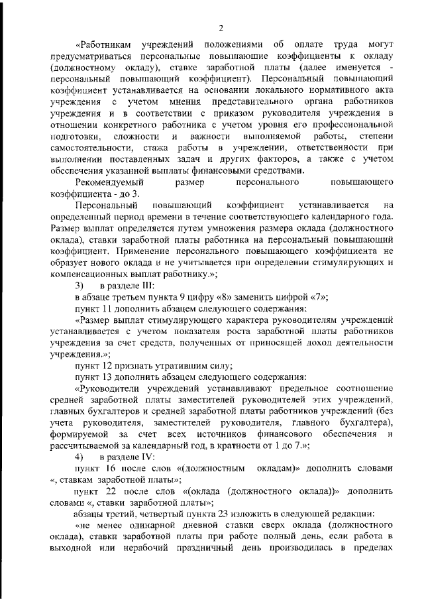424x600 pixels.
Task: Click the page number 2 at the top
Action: pyautogui.click(x=221, y=27)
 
